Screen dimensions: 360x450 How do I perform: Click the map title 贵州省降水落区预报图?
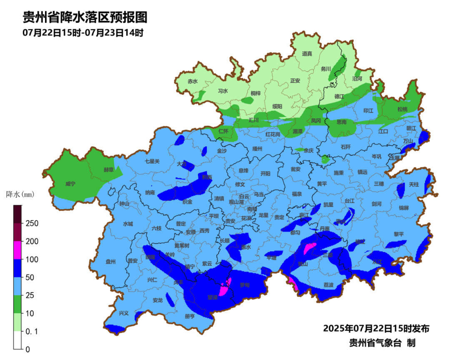tap(85, 17)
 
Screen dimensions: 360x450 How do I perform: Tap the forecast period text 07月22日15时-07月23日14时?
tap(83, 32)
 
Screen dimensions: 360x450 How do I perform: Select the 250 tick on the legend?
tap(32, 223)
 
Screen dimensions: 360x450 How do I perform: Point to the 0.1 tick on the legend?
tap(32, 331)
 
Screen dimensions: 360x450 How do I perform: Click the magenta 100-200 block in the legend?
tap(17, 250)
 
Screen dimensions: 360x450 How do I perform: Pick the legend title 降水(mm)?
tap(20, 194)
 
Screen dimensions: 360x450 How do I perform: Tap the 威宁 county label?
tap(71, 184)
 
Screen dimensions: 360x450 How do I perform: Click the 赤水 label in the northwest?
tap(192, 82)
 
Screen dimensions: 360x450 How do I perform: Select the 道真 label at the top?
tap(307, 54)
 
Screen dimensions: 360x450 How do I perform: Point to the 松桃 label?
tap(402, 109)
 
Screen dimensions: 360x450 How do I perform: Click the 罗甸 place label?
tap(245, 285)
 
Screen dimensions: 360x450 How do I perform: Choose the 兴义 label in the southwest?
tap(124, 313)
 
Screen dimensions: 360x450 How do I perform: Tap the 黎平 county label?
tap(399, 234)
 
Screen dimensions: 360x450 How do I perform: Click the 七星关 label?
tap(152, 161)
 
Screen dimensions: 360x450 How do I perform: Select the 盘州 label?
tap(110, 262)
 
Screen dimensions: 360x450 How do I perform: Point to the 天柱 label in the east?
tap(413, 184)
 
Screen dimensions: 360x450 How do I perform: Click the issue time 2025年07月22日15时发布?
tap(376, 328)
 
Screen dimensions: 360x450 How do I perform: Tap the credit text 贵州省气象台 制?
tap(382, 342)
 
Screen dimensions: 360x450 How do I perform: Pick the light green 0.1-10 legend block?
tap(17, 322)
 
